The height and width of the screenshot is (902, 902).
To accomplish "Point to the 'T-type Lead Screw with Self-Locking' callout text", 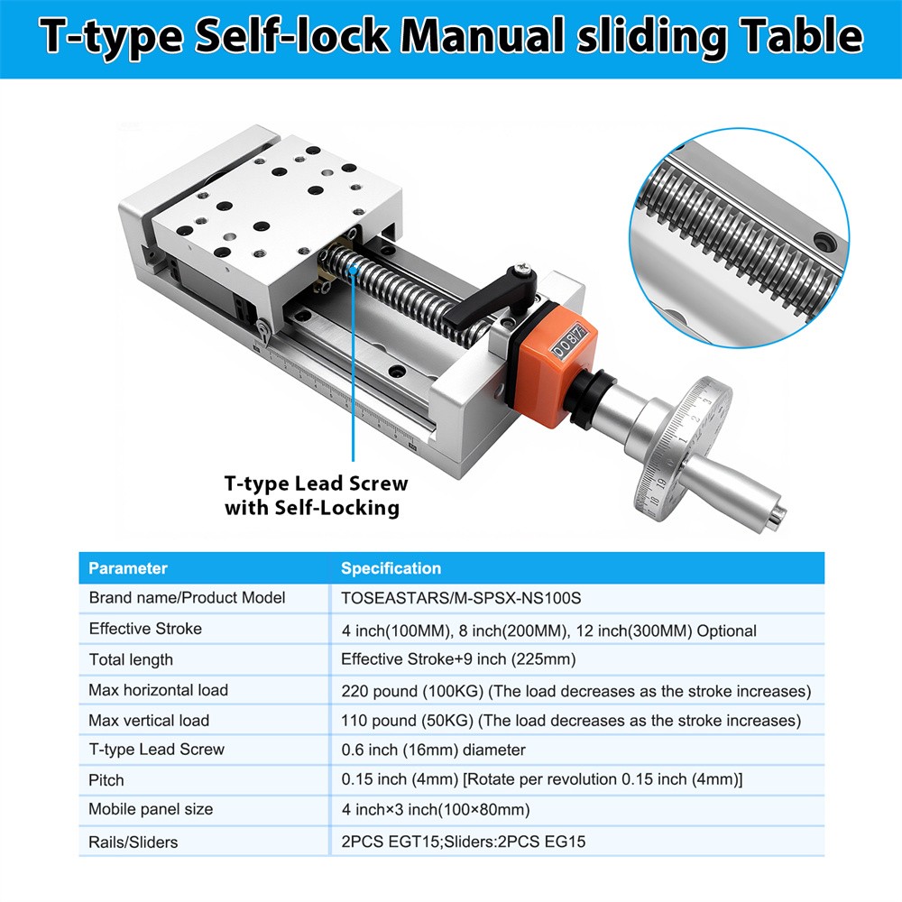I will tap(316, 495).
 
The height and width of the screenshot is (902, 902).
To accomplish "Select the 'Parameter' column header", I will tap(128, 568).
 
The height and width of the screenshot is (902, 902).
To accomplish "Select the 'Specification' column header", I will tap(391, 568).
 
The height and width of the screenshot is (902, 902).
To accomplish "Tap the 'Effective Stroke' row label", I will tap(145, 628).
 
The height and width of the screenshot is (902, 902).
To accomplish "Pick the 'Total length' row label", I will tap(131, 659).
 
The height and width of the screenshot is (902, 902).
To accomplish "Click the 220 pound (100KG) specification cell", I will tap(575, 691).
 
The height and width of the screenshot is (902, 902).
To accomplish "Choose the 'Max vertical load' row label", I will tap(149, 720).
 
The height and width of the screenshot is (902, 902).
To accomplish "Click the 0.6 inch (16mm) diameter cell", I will tap(433, 750).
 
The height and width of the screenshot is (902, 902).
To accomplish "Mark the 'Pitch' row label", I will tap(106, 780).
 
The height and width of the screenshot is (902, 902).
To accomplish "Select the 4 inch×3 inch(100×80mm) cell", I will tap(435, 809).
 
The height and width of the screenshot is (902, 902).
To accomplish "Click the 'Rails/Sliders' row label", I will tap(133, 842).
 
